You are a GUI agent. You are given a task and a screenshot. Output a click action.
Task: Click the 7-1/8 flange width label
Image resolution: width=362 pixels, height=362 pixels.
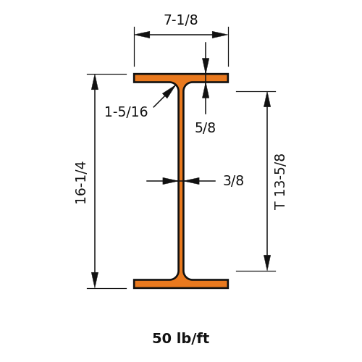point(181,20)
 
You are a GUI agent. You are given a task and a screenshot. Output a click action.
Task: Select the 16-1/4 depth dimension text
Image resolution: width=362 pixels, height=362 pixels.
point(80,182)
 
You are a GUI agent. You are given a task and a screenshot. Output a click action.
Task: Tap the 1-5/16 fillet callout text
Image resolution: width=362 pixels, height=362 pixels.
point(126,112)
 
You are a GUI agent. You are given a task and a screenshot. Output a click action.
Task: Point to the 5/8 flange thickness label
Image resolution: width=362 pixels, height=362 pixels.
point(205,127)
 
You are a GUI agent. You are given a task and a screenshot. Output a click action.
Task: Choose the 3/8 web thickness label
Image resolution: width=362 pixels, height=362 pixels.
point(233,180)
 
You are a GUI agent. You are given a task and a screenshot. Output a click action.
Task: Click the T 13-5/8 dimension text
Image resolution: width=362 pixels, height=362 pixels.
point(279,182)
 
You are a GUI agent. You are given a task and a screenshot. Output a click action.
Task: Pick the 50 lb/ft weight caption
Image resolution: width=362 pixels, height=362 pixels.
point(181,338)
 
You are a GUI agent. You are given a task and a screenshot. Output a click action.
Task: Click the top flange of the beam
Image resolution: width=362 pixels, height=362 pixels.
point(181,78)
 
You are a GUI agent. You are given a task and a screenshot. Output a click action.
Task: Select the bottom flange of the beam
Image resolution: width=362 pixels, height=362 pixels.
point(181,284)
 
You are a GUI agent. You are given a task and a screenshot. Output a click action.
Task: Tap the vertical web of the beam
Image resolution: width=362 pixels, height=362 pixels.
point(181,181)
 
